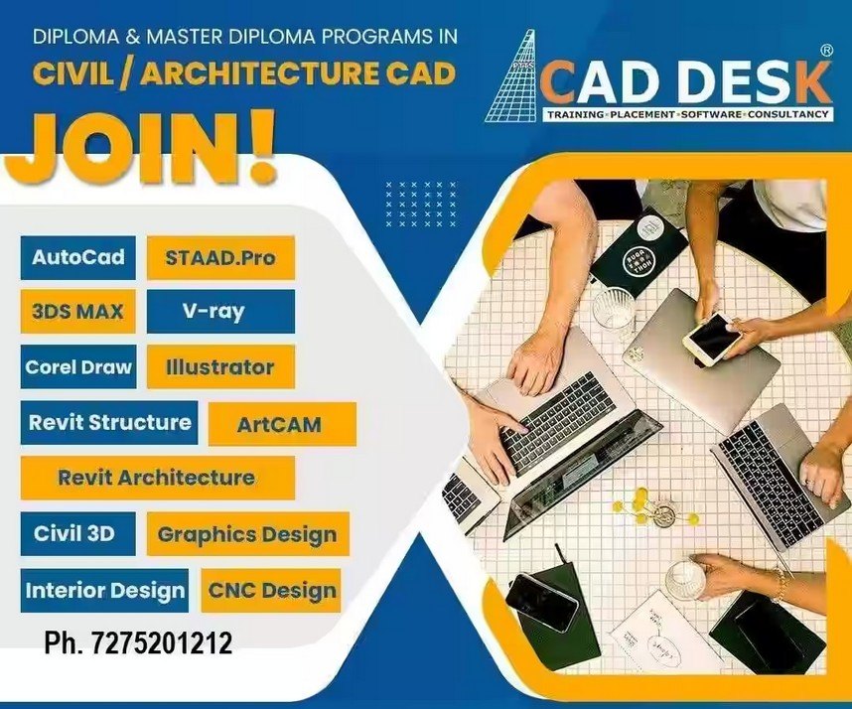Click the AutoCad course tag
click(x=78, y=257)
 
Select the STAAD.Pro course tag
click(x=220, y=257)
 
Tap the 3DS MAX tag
click(x=77, y=312)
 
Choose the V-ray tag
click(x=220, y=312)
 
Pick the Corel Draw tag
click(x=78, y=366)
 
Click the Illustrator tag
click(x=220, y=366)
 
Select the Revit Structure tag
click(x=109, y=423)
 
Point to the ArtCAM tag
click(x=282, y=424)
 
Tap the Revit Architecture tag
click(x=158, y=478)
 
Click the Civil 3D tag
click(x=78, y=533)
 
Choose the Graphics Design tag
click(x=248, y=533)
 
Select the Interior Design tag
click(x=104, y=591)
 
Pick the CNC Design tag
click(x=271, y=591)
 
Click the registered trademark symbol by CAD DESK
click(x=825, y=51)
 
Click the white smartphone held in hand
click(x=712, y=339)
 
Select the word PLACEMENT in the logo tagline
click(x=642, y=114)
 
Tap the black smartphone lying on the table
click(x=541, y=602)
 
